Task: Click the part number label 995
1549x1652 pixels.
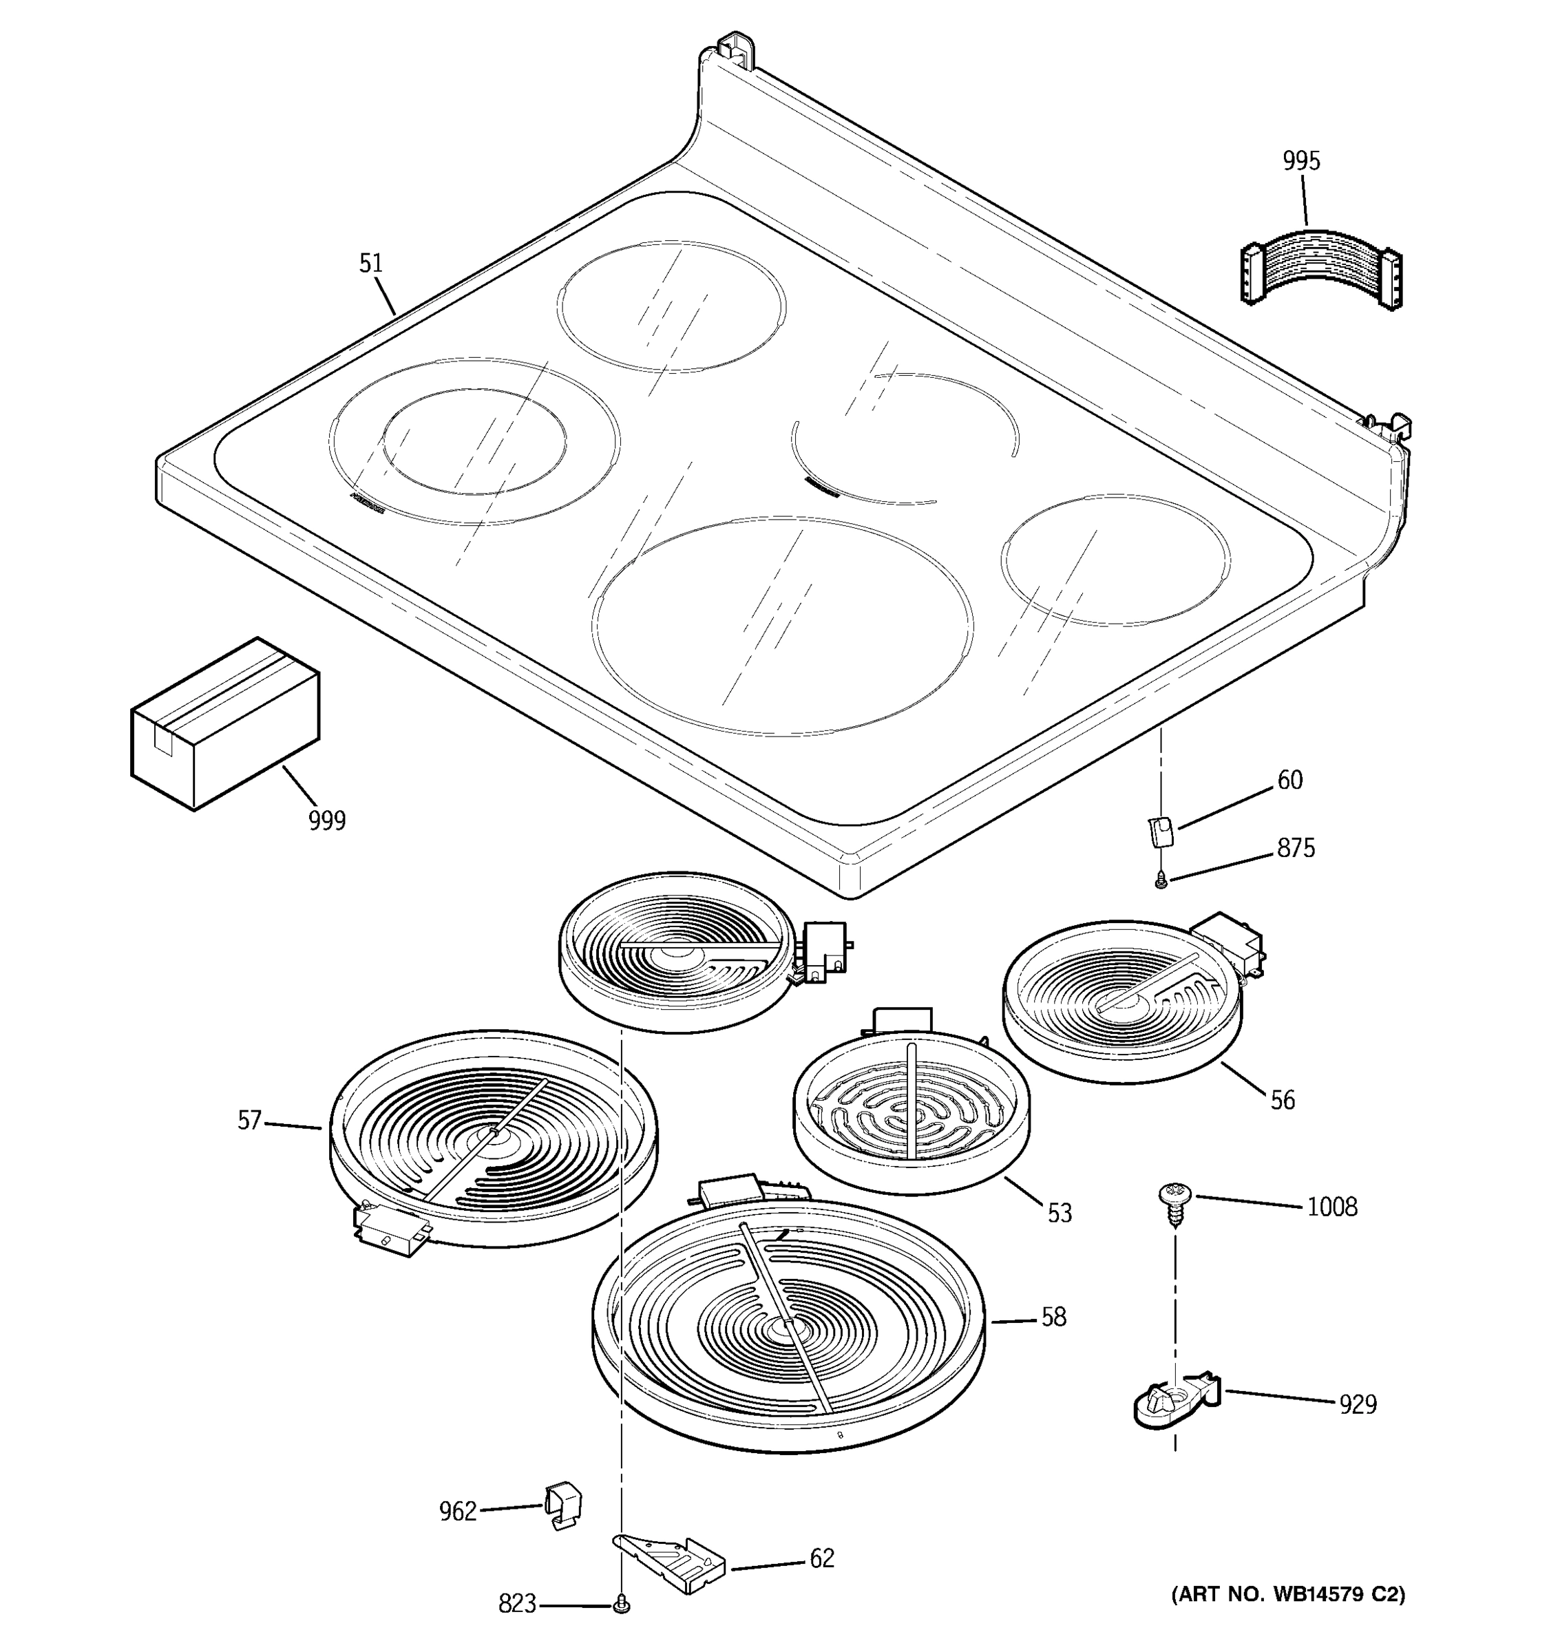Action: (1300, 160)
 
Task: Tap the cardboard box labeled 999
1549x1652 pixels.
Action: (224, 723)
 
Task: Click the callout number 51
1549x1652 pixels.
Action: (370, 264)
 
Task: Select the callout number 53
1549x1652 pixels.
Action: (1059, 1214)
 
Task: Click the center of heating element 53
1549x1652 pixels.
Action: (911, 1112)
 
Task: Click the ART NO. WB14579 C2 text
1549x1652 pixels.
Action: (1288, 1593)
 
